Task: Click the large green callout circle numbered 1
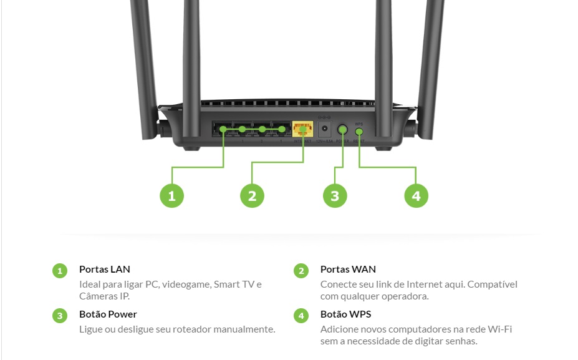pos(172,196)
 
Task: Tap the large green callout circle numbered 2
pos(252,196)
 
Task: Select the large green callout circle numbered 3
pos(335,196)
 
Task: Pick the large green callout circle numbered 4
pos(416,196)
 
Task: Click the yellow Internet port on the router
pos(302,129)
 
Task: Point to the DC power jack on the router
pos(325,130)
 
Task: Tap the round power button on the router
pos(342,130)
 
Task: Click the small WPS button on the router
pos(359,131)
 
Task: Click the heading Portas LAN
pos(105,270)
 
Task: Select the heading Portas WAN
pos(348,270)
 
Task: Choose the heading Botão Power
pos(108,314)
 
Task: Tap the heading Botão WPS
pos(345,314)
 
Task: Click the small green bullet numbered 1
pos(59,271)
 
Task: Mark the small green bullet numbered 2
pos(301,271)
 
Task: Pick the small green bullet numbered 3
pos(59,316)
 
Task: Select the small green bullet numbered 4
pos(301,316)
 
